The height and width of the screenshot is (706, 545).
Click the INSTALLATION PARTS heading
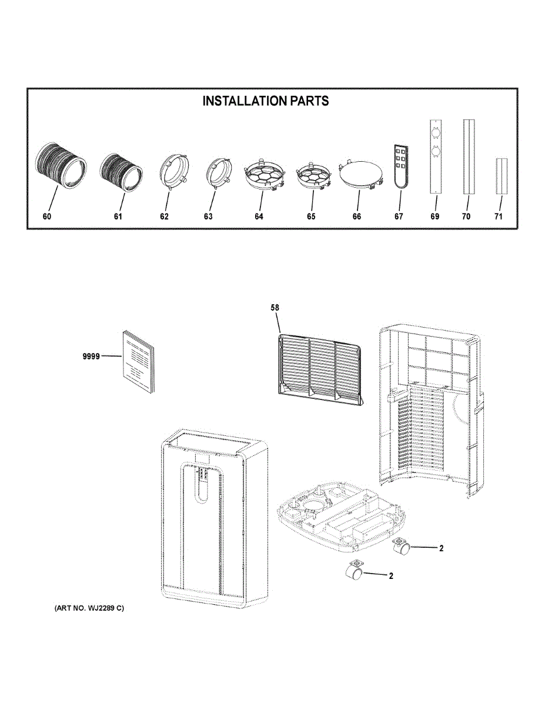click(266, 101)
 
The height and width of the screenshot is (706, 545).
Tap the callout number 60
click(47, 217)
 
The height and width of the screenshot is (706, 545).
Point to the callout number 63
click(208, 217)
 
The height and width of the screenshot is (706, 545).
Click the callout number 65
click(311, 217)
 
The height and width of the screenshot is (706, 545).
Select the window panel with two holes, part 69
click(435, 156)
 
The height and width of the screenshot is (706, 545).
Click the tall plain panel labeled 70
click(468, 156)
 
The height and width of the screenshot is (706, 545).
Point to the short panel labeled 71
click(501, 176)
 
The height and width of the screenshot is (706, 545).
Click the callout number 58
click(275, 307)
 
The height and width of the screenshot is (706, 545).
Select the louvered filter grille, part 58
click(319, 370)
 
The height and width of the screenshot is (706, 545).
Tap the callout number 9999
click(91, 356)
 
